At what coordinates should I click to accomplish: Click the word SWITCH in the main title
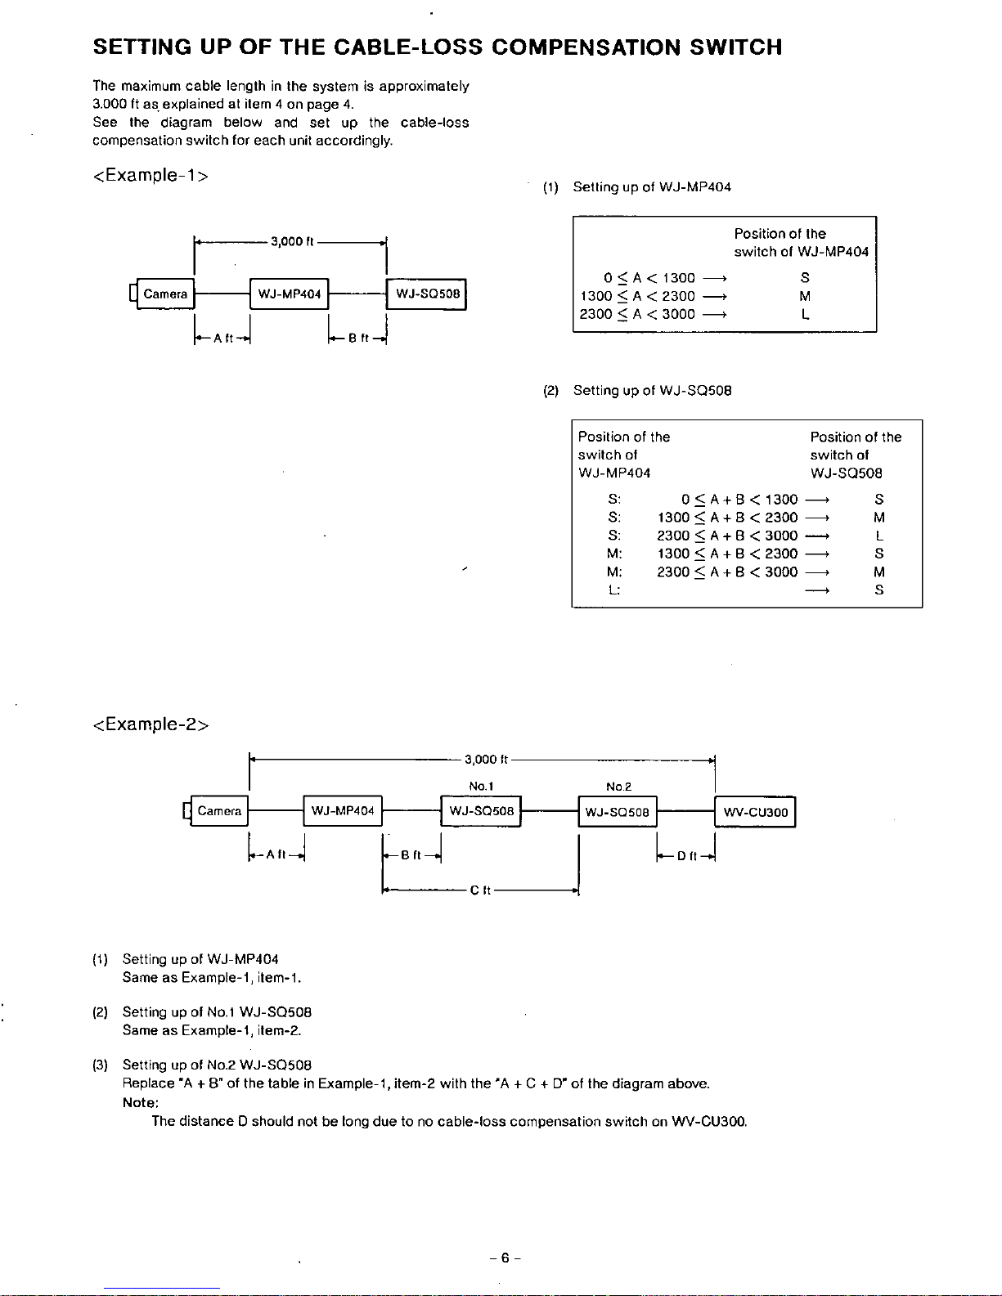click(x=735, y=47)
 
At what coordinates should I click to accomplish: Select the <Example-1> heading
click(x=151, y=175)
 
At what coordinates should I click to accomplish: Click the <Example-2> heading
click(x=151, y=724)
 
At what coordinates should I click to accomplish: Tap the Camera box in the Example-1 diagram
click(x=165, y=294)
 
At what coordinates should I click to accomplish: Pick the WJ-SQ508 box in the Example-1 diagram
click(x=427, y=294)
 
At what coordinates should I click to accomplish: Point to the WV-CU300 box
click(x=756, y=812)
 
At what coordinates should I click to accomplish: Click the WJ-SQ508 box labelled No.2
click(x=618, y=812)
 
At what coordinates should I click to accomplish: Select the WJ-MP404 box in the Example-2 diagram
click(x=343, y=811)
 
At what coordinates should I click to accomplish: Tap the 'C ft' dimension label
click(x=480, y=890)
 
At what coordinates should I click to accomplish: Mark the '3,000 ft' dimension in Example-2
click(x=486, y=760)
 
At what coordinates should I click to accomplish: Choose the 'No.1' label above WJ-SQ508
click(x=481, y=787)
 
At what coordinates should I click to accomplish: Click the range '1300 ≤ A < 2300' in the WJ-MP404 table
click(x=637, y=296)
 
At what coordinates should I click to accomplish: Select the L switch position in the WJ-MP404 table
click(x=805, y=314)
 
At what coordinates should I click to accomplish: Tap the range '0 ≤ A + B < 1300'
click(x=739, y=500)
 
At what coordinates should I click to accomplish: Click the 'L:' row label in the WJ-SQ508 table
click(x=613, y=590)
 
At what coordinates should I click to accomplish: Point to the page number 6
click(x=505, y=1258)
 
